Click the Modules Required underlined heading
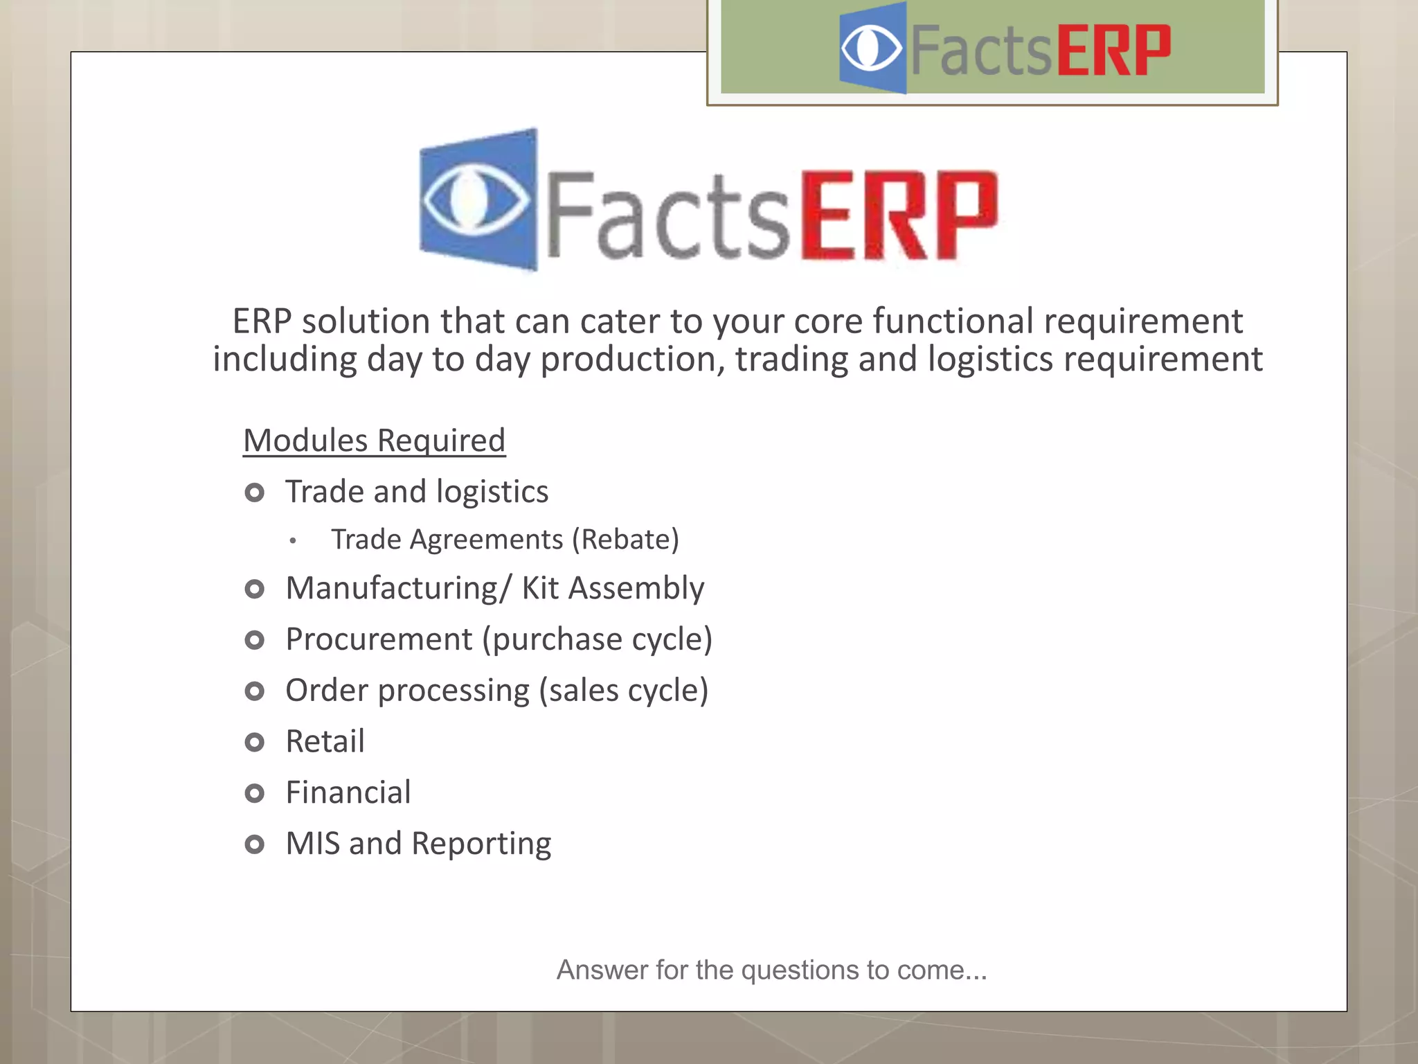point(374,441)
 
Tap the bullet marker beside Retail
point(255,743)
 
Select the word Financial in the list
point(348,792)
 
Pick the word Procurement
point(379,639)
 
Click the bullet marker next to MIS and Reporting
point(255,844)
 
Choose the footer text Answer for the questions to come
point(771,970)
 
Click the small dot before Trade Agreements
point(294,541)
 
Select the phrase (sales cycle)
point(623,691)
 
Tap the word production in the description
point(632,360)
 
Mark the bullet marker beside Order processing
point(255,691)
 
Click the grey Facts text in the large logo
point(668,216)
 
